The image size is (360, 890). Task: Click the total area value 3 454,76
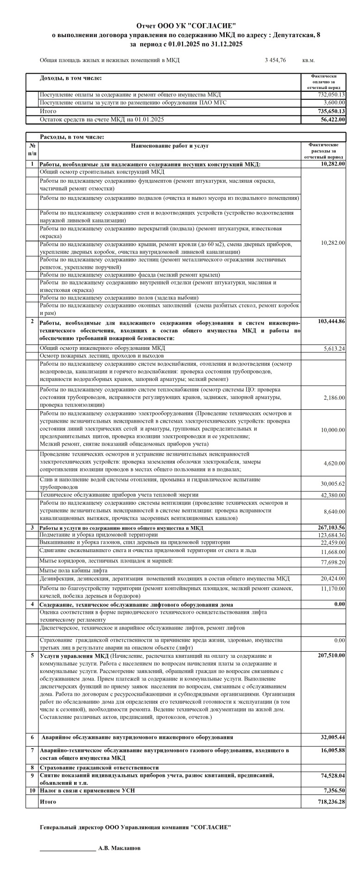275,60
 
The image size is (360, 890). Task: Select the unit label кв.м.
308,60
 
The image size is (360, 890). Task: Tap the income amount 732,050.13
329,95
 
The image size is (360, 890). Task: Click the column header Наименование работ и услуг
170,146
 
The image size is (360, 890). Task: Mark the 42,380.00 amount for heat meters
333,495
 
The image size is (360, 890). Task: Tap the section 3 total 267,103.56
328,528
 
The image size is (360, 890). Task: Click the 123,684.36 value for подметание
328,535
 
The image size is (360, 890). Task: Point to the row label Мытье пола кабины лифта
74,571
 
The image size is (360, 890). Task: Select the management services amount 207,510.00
328,655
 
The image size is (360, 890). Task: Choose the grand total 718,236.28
328,801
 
